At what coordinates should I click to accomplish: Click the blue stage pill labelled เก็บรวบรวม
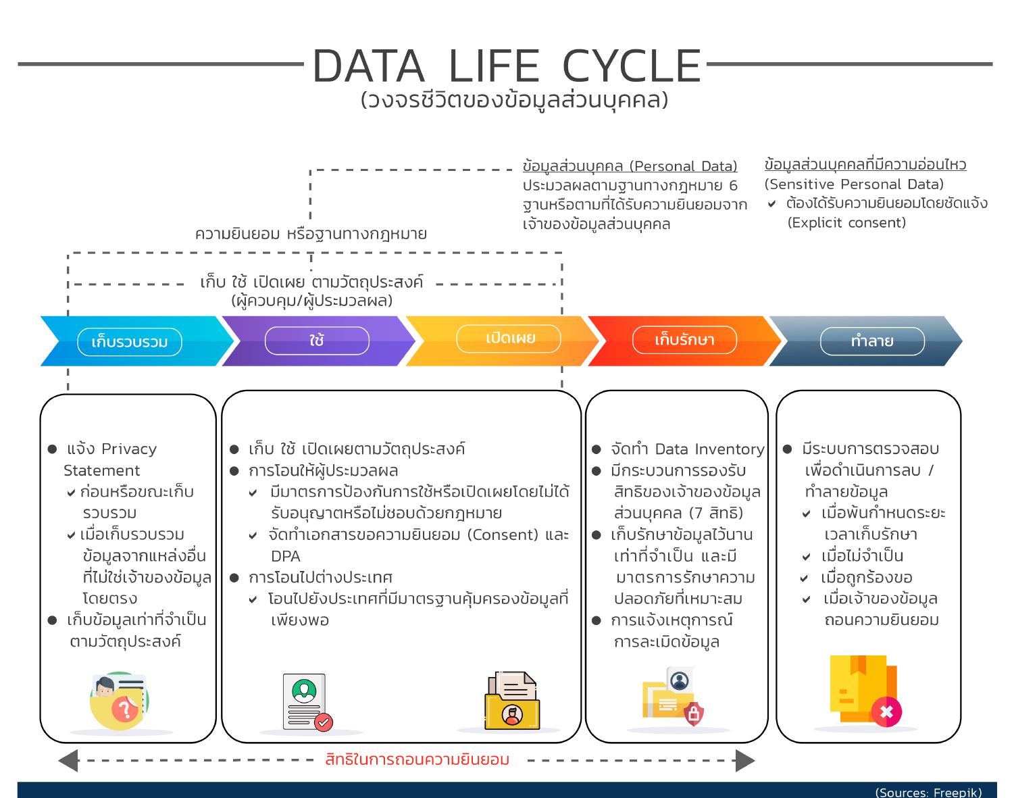[130, 342]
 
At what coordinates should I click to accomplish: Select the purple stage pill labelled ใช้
[317, 341]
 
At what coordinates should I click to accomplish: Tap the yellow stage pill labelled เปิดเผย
[509, 339]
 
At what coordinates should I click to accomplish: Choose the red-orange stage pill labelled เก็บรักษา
[684, 340]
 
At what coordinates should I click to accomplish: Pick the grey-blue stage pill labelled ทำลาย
[872, 341]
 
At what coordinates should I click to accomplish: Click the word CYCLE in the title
[632, 67]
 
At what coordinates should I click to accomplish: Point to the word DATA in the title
[369, 67]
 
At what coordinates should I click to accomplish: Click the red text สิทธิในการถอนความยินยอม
[417, 760]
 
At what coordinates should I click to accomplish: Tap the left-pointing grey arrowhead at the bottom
[69, 760]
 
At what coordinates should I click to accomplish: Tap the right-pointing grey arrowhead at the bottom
[744, 760]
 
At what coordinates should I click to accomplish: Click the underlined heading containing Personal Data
[630, 166]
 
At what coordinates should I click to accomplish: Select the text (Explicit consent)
[846, 223]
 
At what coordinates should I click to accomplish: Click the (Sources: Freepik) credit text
[928, 792]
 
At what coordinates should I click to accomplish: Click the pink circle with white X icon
[886, 712]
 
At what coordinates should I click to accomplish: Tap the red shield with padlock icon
[694, 714]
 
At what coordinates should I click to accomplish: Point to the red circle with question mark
[124, 709]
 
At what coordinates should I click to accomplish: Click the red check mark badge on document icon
[324, 722]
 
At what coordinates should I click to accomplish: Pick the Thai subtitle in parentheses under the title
[514, 100]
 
